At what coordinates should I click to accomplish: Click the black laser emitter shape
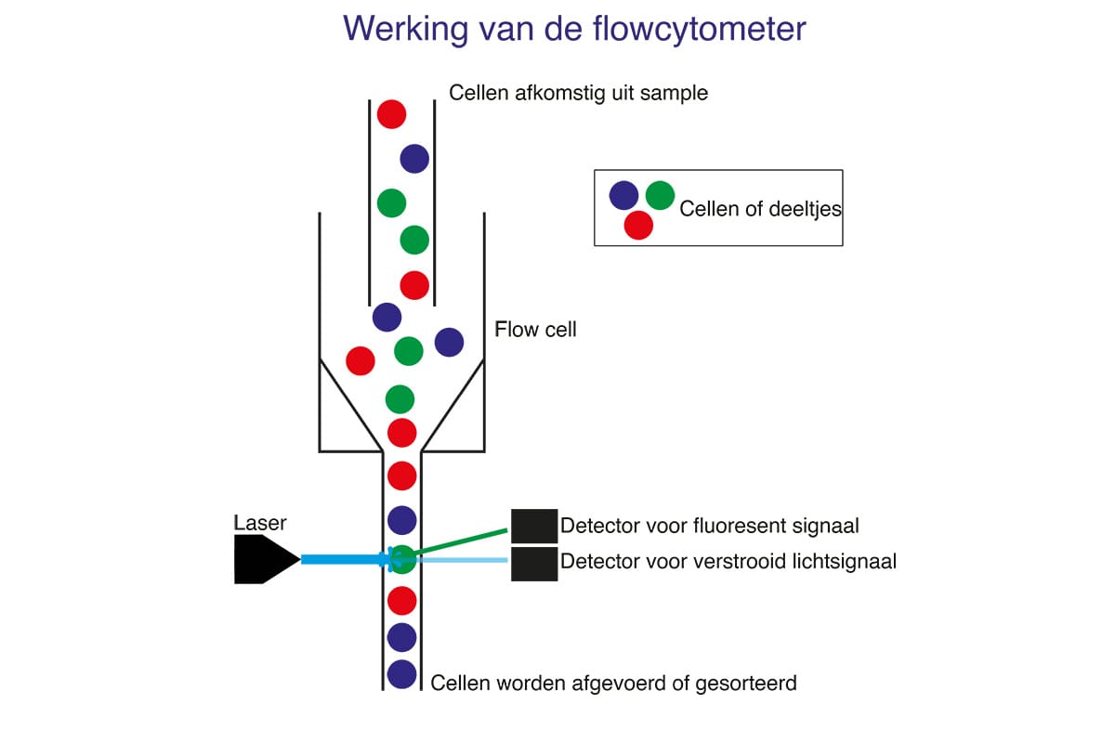pos(263,560)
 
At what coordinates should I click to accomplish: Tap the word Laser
pos(260,523)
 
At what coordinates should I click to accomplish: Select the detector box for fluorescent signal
pos(534,525)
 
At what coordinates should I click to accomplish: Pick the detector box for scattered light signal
pos(534,564)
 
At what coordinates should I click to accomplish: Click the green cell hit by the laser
pos(402,559)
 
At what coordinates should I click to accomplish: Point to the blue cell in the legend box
pos(623,195)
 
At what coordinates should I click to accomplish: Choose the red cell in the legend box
pos(638,225)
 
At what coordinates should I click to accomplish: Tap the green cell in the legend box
pos(660,195)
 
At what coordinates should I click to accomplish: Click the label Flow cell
pos(535,330)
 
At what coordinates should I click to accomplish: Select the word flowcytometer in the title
pos(698,28)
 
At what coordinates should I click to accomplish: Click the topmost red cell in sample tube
pos(391,114)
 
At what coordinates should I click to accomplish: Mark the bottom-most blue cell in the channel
pos(401,673)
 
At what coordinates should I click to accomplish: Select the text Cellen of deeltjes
pos(760,208)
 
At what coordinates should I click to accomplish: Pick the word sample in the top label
pos(676,93)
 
